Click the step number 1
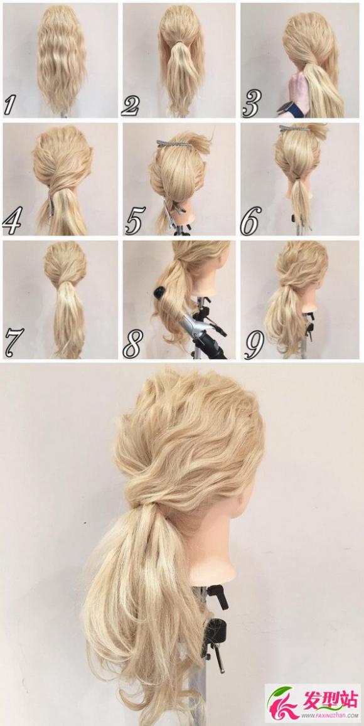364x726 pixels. coord(10,104)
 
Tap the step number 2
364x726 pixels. coord(130,105)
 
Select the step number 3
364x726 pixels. coord(251,104)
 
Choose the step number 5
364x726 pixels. coord(134,222)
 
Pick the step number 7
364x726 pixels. coord(13,341)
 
